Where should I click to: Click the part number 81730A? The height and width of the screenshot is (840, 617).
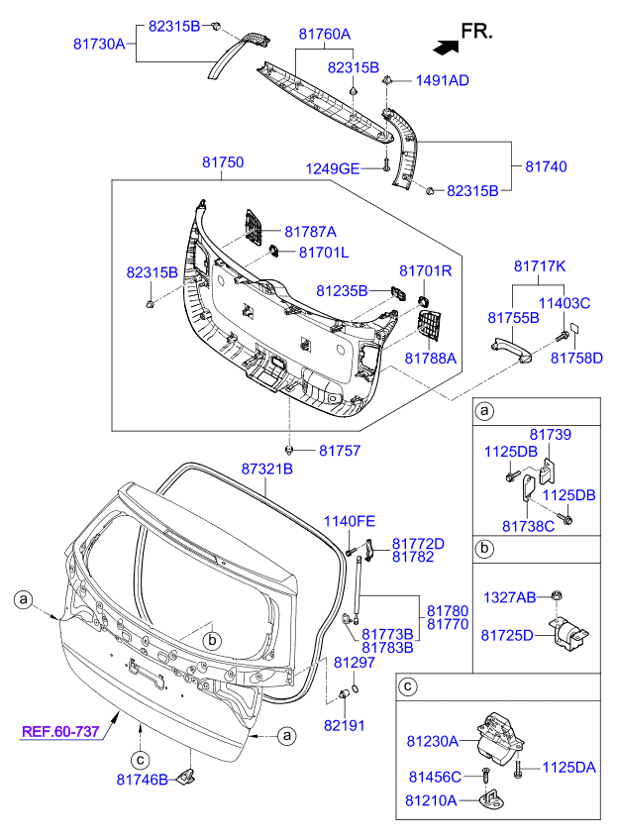99,44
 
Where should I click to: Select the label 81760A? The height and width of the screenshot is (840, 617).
325,34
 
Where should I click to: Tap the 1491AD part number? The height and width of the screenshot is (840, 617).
443,80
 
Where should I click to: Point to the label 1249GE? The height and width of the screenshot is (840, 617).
332,168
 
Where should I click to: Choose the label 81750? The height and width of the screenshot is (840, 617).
223,161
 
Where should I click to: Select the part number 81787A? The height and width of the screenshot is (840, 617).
311,231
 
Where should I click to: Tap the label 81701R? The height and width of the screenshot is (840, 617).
426,270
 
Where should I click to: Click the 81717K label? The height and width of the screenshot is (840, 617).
540,266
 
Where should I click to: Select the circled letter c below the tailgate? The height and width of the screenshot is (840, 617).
141,759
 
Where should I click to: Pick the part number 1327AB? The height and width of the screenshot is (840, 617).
509,596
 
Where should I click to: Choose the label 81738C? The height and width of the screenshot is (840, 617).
528,525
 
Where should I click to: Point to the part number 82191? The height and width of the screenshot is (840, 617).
344,725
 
